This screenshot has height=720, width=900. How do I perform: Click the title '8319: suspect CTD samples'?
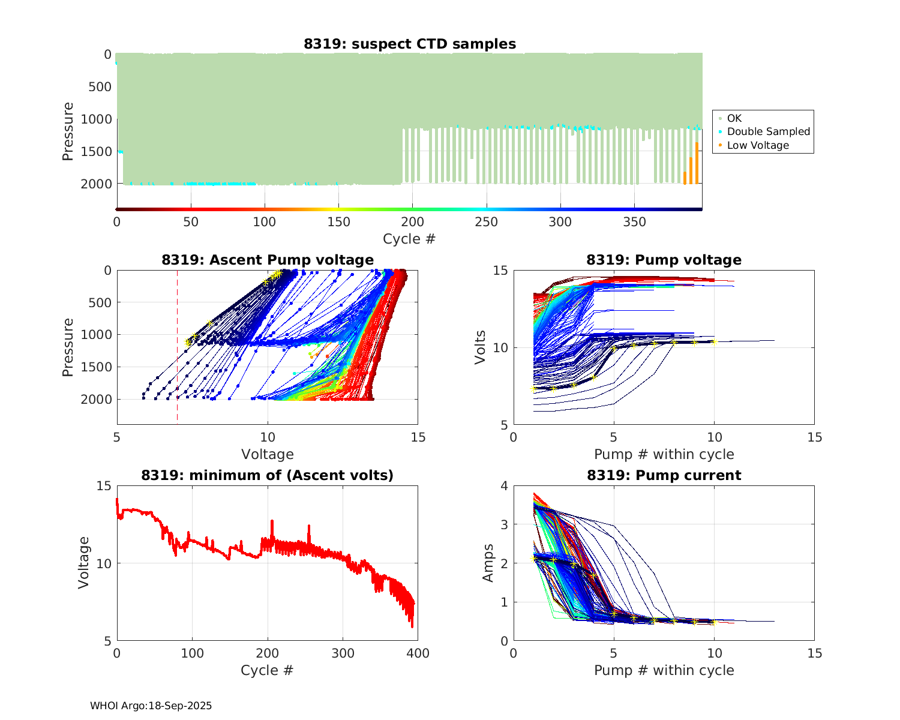coord(409,44)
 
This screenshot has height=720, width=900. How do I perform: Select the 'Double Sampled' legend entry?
coord(768,131)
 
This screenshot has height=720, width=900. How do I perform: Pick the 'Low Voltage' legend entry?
coord(758,145)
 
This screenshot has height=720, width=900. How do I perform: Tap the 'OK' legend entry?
coord(734,118)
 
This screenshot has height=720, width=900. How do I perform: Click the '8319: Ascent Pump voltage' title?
coord(267,260)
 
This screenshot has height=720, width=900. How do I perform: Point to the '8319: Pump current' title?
coord(664,475)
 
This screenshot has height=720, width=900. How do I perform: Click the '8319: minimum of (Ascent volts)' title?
coord(267,475)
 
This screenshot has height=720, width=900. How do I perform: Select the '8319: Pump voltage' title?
coord(664,260)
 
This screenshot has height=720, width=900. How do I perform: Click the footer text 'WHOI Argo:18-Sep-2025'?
coord(151,706)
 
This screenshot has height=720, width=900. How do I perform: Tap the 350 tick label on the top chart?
coord(635,223)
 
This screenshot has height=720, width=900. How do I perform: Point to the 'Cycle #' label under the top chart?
coord(409,239)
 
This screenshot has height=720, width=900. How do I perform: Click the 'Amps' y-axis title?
coord(488,563)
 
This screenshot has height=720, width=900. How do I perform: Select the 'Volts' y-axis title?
coord(480,347)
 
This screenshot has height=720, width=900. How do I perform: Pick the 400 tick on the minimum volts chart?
coord(418,653)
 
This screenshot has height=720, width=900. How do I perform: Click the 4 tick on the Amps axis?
coord(504,486)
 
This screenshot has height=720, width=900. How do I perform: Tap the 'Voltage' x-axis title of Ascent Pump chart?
coord(267,454)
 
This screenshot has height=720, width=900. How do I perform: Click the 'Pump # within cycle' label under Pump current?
coord(664,670)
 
